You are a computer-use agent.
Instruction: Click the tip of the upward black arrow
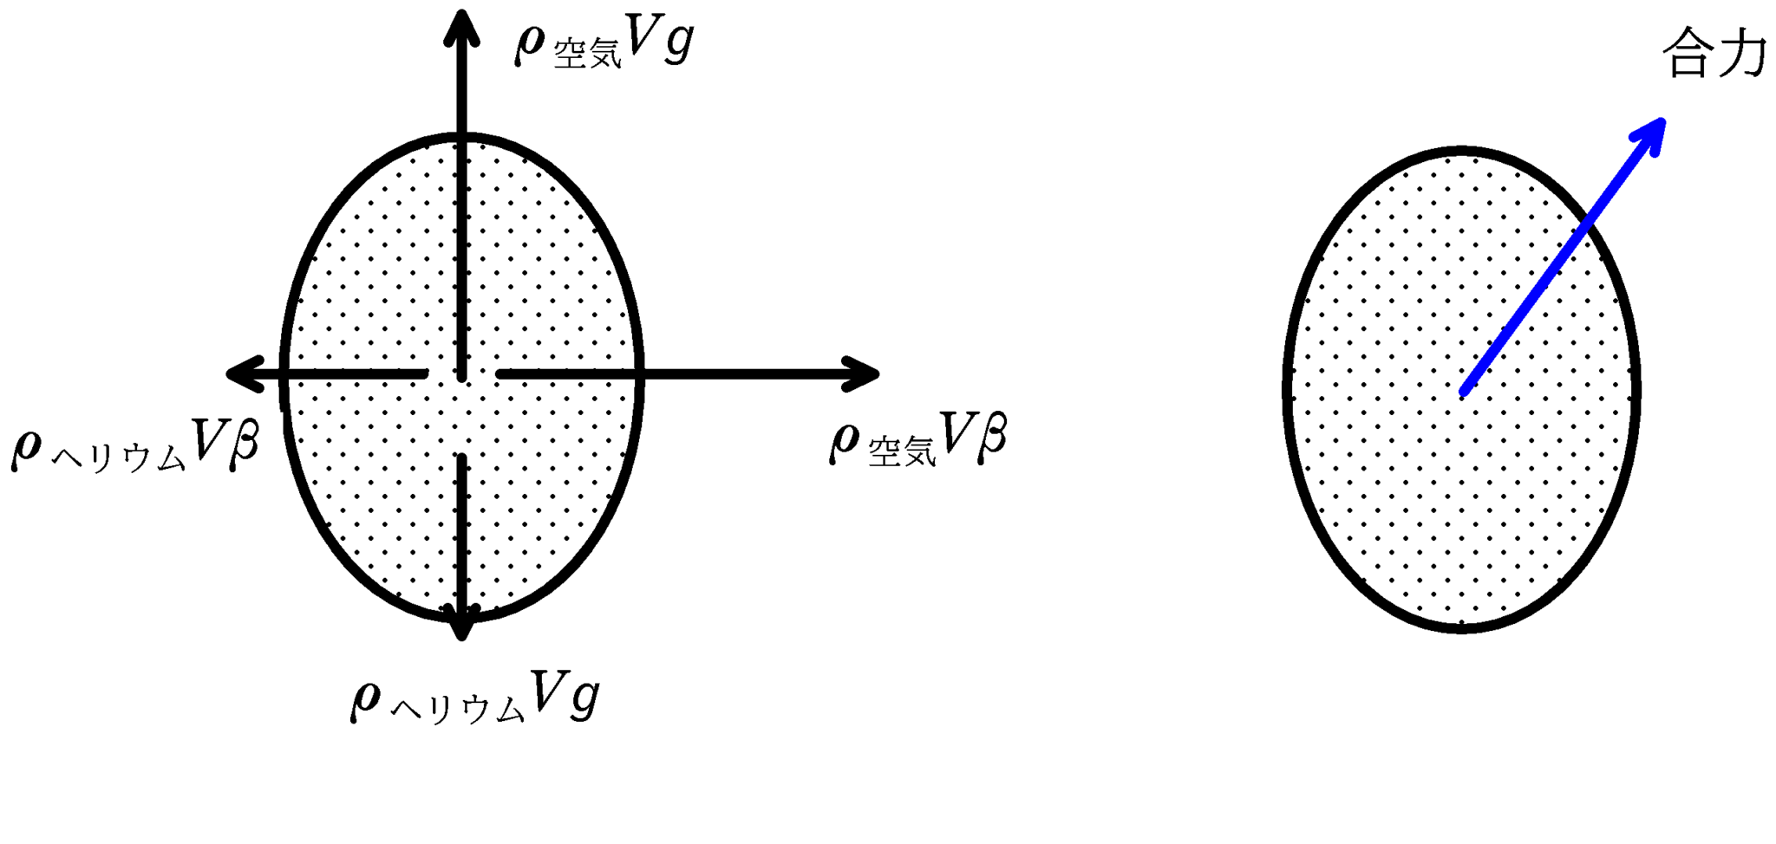click(x=462, y=11)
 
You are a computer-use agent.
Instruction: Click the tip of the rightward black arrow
click(x=879, y=374)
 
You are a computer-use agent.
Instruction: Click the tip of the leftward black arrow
click(x=226, y=374)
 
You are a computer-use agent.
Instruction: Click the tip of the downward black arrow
click(x=462, y=639)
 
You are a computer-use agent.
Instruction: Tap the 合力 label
click(x=1714, y=54)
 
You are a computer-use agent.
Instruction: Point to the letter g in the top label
click(x=677, y=42)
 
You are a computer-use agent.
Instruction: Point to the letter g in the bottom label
click(x=583, y=698)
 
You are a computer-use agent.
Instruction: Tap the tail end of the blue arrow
click(x=1464, y=393)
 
